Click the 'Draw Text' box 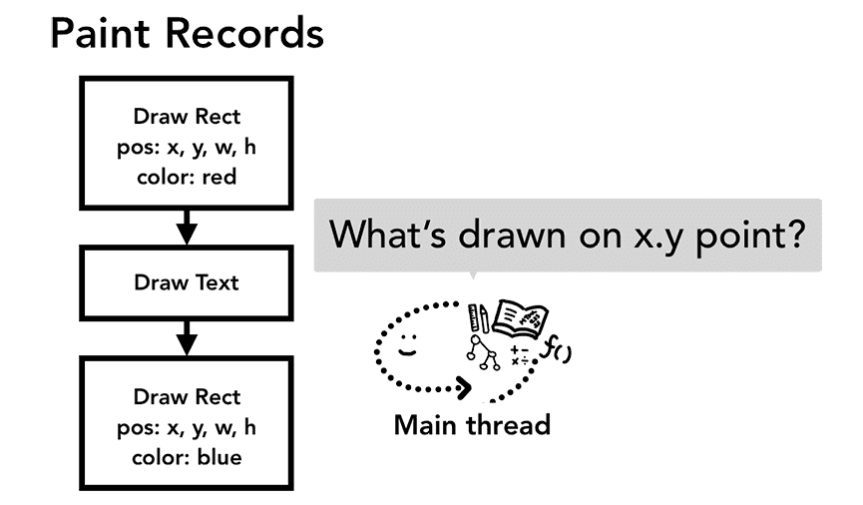[x=187, y=282]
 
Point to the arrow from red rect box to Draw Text [x=187, y=228]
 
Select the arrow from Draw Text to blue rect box [x=187, y=337]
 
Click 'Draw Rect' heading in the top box [x=187, y=117]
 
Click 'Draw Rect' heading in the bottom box [x=187, y=398]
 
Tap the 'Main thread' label [x=472, y=425]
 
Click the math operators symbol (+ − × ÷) [x=520, y=355]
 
